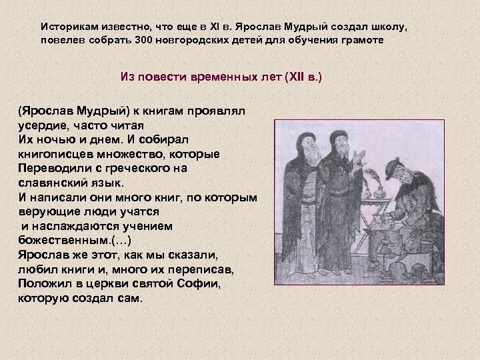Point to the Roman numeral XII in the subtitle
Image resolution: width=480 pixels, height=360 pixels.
pos(294,77)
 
